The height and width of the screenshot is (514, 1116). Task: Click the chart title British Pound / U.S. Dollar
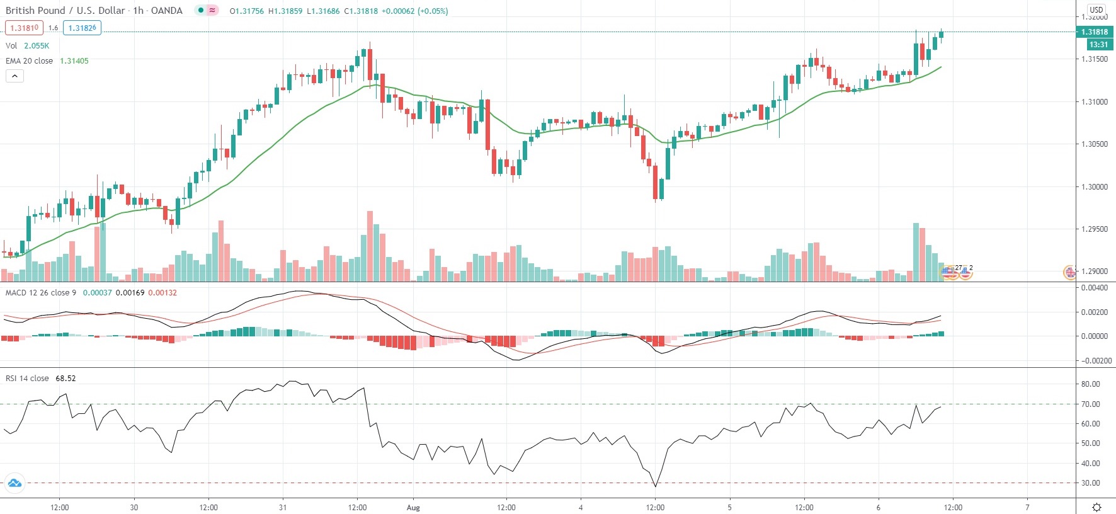click(x=66, y=11)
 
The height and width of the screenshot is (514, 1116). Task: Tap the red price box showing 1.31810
click(x=25, y=28)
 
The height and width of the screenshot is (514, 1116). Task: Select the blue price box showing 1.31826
click(x=82, y=28)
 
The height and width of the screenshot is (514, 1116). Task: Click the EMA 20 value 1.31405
click(x=74, y=61)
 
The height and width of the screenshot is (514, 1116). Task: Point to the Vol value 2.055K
click(x=37, y=46)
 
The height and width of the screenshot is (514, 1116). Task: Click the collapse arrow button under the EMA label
click(x=14, y=76)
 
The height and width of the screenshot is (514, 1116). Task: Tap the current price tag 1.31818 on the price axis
click(x=1095, y=32)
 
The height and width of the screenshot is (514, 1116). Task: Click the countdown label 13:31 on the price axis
click(x=1098, y=45)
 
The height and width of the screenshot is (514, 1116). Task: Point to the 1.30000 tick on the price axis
click(x=1095, y=187)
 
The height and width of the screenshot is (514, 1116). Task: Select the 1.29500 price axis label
click(x=1095, y=229)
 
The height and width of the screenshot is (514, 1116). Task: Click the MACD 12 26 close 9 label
click(x=41, y=293)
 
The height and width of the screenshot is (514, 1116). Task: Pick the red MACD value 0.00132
click(x=162, y=293)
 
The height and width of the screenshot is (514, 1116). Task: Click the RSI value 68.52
click(x=65, y=379)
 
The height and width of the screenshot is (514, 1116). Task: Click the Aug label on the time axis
click(x=413, y=507)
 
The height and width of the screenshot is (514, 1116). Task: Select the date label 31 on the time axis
click(x=283, y=507)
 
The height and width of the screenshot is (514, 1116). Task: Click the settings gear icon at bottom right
click(x=1096, y=507)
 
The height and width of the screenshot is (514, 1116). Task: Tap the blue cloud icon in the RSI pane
click(x=14, y=484)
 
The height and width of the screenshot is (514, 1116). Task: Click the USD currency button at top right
click(x=1096, y=9)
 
